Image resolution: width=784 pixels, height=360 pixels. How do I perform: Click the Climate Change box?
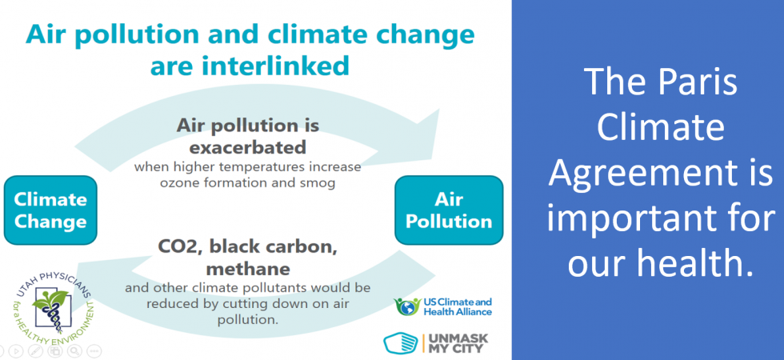[x=50, y=210]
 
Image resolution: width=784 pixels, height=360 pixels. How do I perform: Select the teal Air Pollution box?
[x=449, y=210]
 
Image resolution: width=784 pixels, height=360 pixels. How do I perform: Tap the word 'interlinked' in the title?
[x=250, y=66]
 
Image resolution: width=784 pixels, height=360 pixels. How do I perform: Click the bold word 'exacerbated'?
[x=248, y=147]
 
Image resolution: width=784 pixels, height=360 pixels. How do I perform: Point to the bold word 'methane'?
[x=248, y=269]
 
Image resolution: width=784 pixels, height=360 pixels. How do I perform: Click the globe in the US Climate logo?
[x=409, y=307]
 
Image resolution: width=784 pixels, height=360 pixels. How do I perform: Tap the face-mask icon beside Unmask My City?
[x=401, y=343]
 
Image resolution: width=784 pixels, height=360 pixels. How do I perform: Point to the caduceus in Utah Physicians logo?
[x=50, y=313]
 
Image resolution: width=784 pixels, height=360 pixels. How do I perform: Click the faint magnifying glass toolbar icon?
[x=74, y=350]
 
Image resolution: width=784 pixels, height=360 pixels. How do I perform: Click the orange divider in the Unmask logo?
[x=423, y=343]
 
